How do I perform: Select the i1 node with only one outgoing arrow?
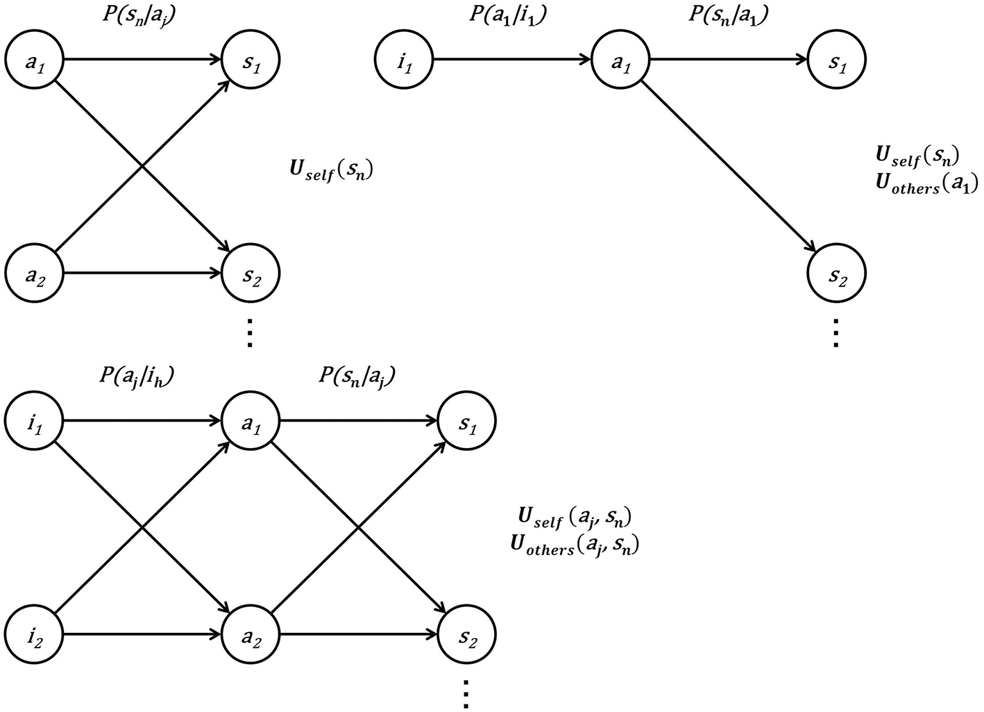pos(404,60)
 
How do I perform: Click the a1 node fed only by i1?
pos(620,60)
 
